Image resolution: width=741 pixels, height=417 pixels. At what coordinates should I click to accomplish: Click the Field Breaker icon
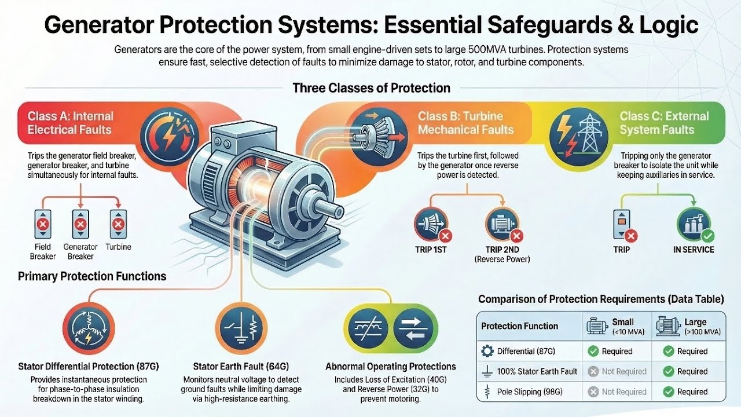tap(42, 225)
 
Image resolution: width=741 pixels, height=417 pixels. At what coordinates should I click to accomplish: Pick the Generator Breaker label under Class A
tap(80, 252)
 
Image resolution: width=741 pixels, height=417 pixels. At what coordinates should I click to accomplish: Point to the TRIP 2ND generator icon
tap(502, 225)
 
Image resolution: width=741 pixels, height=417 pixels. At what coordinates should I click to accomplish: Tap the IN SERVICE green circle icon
tap(694, 225)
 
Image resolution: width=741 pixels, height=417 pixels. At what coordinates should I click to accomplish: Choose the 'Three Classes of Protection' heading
tap(371, 88)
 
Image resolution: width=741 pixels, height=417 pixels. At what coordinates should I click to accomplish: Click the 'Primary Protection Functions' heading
tap(92, 276)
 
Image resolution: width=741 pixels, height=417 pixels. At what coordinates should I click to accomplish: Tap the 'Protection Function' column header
tap(519, 326)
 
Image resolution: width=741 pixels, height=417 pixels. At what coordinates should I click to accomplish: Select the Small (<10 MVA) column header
tap(616, 326)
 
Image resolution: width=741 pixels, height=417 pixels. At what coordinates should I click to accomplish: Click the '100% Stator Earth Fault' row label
tap(537, 371)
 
